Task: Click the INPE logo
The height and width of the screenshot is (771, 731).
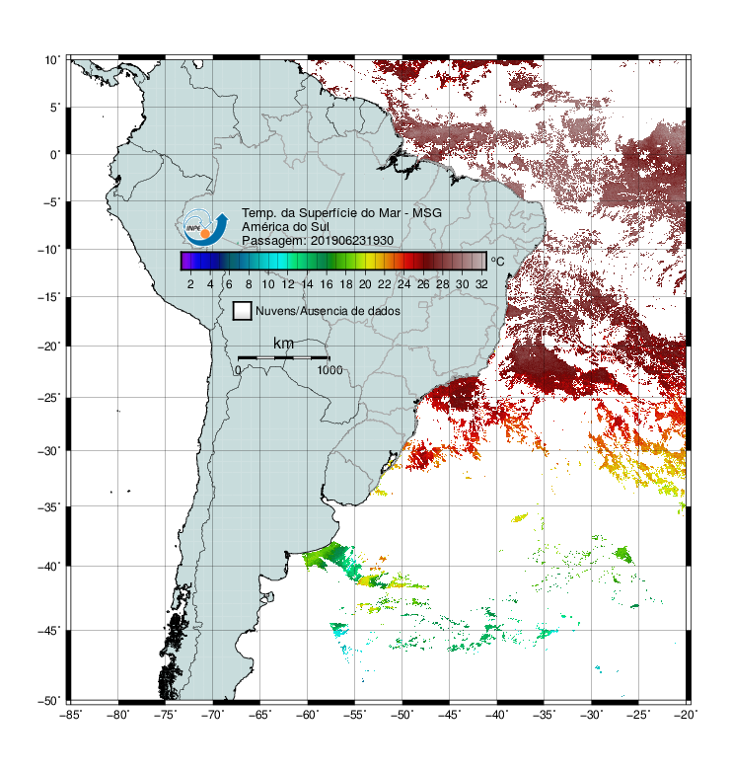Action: pos(205,228)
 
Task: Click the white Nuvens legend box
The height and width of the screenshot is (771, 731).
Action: pos(243,311)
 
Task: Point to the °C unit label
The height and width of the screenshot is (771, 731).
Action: pos(497,261)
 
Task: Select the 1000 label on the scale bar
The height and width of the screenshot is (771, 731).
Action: pos(329,370)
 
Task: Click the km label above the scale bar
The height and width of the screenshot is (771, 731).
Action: pos(283,344)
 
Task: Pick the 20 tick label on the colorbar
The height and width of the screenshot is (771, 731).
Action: pos(365,284)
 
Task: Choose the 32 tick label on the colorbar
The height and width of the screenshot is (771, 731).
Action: pos(481,284)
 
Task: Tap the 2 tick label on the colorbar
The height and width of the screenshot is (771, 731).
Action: pos(190,284)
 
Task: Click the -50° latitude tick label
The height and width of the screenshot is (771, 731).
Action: pos(48,701)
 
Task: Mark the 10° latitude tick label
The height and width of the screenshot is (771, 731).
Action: pos(52,60)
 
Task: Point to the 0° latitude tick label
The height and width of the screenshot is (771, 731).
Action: pos(55,155)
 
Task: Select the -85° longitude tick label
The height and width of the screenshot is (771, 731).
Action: pos(70,715)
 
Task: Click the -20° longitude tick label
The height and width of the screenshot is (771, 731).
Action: pos(686,715)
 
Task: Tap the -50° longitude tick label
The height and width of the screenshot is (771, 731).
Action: pos(402,715)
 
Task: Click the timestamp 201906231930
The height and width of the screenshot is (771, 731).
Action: pos(352,241)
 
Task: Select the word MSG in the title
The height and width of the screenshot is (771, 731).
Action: pos(427,213)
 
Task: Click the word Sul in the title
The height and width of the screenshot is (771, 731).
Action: pos(320,227)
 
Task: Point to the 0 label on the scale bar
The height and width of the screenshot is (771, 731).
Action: pos(238,370)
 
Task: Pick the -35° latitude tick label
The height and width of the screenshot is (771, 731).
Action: pos(48,506)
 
